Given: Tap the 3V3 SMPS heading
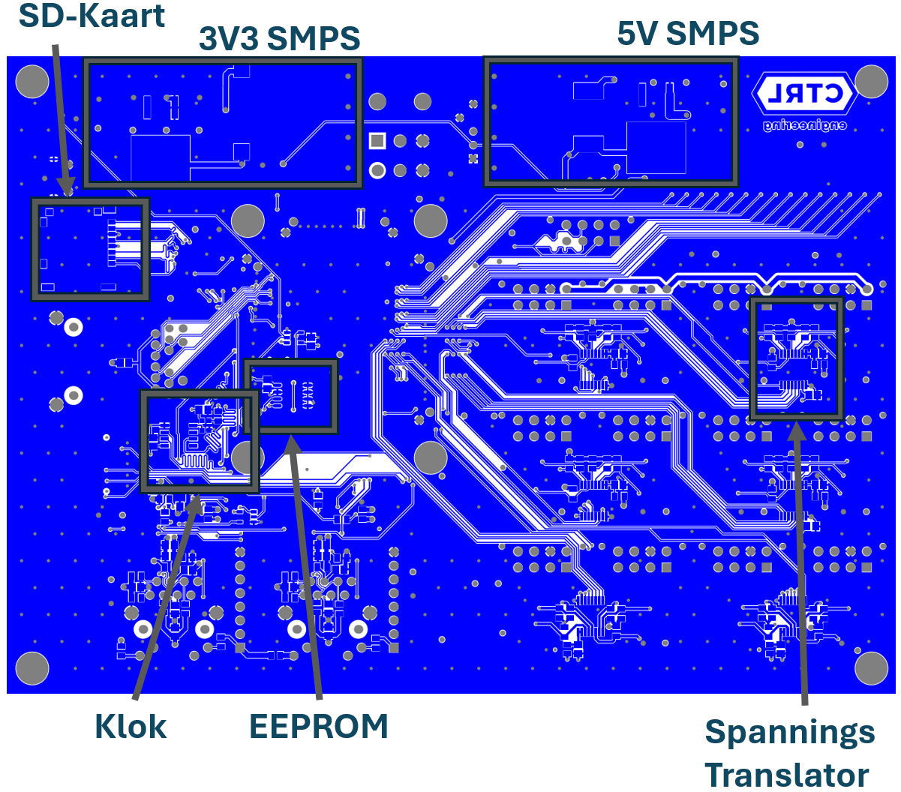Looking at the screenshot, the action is (x=279, y=38).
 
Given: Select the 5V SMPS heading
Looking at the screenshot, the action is (x=688, y=33).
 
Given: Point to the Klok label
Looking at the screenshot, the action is (x=131, y=726).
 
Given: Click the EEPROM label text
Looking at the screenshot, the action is (x=318, y=726).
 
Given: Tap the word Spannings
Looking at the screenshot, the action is (x=789, y=733).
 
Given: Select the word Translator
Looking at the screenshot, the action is (x=786, y=775).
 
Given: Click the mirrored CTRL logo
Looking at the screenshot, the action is (x=804, y=94).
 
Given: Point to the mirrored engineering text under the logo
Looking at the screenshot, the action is (x=804, y=126).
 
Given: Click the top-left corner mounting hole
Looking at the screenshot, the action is (x=32, y=82).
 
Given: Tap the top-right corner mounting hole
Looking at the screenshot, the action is (x=871, y=82).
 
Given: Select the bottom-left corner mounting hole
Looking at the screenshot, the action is (x=32, y=668).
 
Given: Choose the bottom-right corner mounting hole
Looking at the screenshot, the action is (x=871, y=668).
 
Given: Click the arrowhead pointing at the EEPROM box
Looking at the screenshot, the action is (x=291, y=444).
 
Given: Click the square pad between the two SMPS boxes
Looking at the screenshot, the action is (x=377, y=141).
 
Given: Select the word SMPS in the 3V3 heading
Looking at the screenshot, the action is (x=314, y=38).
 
